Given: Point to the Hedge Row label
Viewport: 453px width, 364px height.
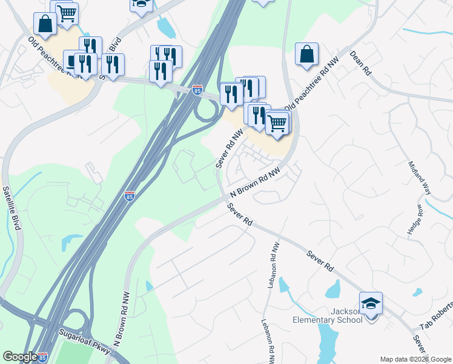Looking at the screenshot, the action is tap(420, 220).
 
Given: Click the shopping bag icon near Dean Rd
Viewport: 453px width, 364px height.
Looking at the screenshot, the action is tap(307, 53).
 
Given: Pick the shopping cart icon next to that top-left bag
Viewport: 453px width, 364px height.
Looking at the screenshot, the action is tap(67, 12).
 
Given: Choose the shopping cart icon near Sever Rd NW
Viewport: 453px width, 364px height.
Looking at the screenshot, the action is tap(277, 122).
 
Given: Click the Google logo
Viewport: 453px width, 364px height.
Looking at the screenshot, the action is tap(19, 357).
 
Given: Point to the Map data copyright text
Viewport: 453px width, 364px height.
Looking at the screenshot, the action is tap(415, 359).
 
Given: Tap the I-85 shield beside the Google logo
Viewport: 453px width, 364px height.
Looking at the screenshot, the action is tap(43, 357).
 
